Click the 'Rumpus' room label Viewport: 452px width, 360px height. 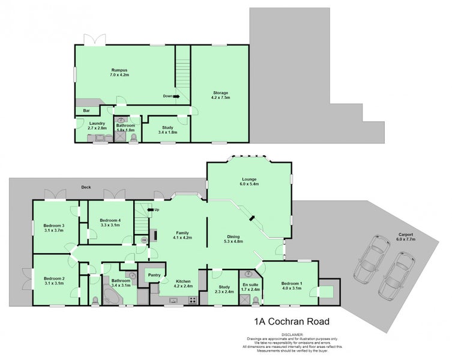(x=119, y=70)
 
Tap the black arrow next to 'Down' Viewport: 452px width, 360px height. (x=176, y=96)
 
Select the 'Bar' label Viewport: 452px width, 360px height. (x=86, y=111)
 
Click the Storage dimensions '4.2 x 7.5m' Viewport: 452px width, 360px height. (x=220, y=98)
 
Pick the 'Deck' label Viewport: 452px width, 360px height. (x=85, y=187)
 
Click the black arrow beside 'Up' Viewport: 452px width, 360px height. (x=149, y=210)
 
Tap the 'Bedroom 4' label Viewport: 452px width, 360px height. (x=110, y=220)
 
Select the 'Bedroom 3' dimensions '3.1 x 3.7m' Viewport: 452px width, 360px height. (x=54, y=230)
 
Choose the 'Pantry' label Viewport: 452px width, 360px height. (x=154, y=275)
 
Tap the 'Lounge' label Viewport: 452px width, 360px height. (x=249, y=179)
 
